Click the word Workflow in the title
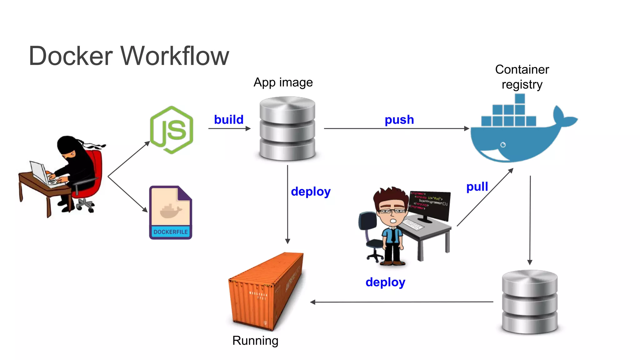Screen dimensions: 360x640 tap(175, 56)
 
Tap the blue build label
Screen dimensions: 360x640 tap(229, 120)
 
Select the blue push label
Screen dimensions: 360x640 tap(399, 120)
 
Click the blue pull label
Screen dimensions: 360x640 tap(477, 187)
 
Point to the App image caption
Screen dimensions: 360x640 tap(283, 82)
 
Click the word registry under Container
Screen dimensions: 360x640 tap(522, 85)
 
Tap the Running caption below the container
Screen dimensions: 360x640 tap(255, 341)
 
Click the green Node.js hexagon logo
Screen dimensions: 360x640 tap(172, 130)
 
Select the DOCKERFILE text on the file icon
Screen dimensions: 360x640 tap(171, 232)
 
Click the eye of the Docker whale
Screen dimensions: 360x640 tap(503, 145)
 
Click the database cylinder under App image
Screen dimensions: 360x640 tap(287, 129)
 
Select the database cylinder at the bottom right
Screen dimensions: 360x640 tap(529, 302)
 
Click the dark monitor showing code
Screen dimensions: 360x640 tap(430, 205)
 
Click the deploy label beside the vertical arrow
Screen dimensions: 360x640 tap(311, 192)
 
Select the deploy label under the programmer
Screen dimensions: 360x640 tap(385, 282)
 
